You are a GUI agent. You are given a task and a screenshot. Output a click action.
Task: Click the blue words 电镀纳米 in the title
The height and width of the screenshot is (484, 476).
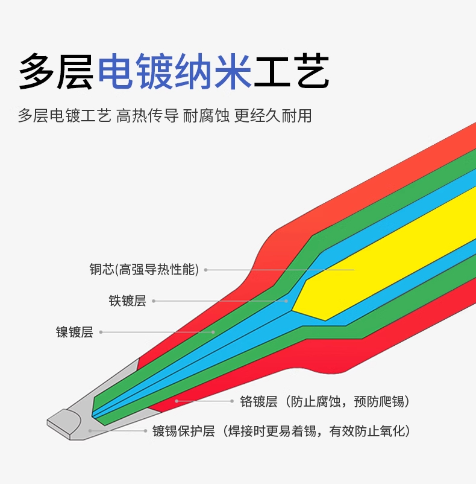coord(175,71)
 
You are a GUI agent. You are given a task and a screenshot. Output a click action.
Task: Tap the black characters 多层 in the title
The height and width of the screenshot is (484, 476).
coord(57,71)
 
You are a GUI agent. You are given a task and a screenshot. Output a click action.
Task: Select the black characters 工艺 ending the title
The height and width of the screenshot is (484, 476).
coord(292,71)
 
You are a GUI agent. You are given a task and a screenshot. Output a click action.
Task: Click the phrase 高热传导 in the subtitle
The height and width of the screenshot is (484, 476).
coord(147,116)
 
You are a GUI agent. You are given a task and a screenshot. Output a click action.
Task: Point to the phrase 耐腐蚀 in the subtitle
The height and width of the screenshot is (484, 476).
coord(206,116)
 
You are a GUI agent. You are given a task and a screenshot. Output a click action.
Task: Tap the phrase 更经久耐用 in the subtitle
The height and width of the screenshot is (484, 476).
coord(273,116)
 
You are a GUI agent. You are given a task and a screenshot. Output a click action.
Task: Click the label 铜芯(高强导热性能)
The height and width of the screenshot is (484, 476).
coord(144,270)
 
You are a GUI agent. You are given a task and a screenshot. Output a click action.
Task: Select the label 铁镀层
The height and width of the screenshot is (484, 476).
coord(127,301)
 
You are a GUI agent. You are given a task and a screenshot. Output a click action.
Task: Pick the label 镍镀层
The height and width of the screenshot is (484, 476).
coord(74,332)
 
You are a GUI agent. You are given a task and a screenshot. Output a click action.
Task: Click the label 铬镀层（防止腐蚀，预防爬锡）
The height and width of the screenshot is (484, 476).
coord(325,401)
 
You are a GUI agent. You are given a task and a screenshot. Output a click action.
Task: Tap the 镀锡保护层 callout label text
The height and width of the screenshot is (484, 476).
coord(183,431)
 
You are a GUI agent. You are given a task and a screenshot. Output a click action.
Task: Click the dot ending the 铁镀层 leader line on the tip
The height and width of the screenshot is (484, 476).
coord(286,301)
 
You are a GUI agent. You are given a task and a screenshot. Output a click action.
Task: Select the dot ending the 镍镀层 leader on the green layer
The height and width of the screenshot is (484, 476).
coord(213,332)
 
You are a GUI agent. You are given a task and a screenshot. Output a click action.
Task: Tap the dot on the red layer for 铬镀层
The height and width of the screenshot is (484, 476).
coord(177,401)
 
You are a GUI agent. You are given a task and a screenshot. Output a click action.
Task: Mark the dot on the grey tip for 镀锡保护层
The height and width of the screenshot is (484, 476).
coord(90,431)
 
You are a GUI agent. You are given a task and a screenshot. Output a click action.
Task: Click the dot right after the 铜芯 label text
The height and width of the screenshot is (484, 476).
coord(205,270)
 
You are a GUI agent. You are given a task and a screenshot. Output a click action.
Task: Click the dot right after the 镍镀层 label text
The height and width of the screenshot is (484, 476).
coord(101,332)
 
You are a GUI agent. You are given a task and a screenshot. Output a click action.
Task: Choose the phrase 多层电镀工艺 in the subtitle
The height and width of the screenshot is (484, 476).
coord(64,116)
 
